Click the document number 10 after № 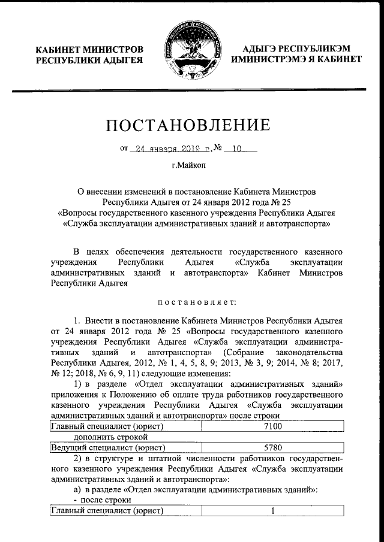coord(236,149)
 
